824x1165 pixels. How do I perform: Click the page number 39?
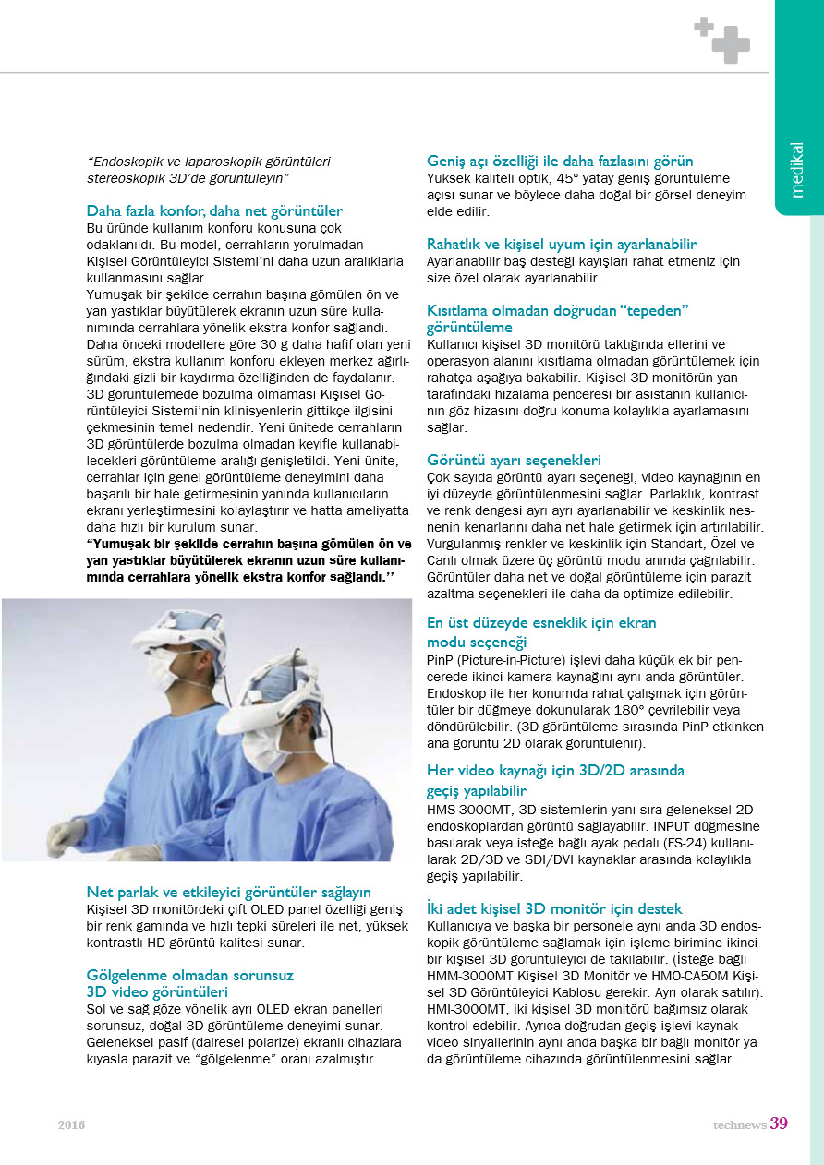point(779,1123)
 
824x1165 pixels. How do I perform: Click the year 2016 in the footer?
point(71,1124)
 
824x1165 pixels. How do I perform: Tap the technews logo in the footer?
point(738,1124)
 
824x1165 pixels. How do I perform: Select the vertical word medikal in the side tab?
point(798,169)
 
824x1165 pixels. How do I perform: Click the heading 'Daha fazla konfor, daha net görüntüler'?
point(214,210)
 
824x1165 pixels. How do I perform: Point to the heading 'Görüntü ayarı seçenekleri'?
point(514,460)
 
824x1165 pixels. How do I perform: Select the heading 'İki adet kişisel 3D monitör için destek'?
point(554,909)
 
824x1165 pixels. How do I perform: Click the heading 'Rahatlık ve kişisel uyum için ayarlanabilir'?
point(562,245)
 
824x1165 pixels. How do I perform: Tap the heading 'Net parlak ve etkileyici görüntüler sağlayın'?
point(228,892)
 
